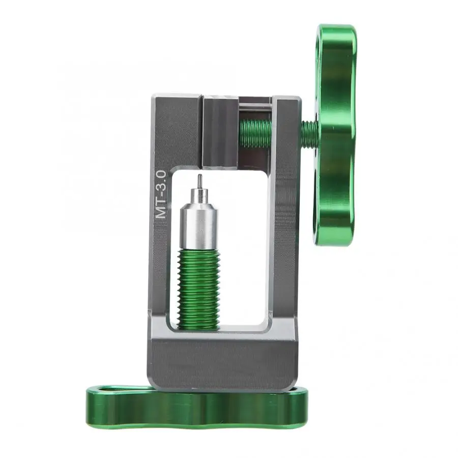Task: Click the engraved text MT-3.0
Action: click(x=161, y=194)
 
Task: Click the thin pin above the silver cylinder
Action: click(x=200, y=181)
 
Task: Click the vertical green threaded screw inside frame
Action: click(x=198, y=289)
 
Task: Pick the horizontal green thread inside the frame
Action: click(x=255, y=133)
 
